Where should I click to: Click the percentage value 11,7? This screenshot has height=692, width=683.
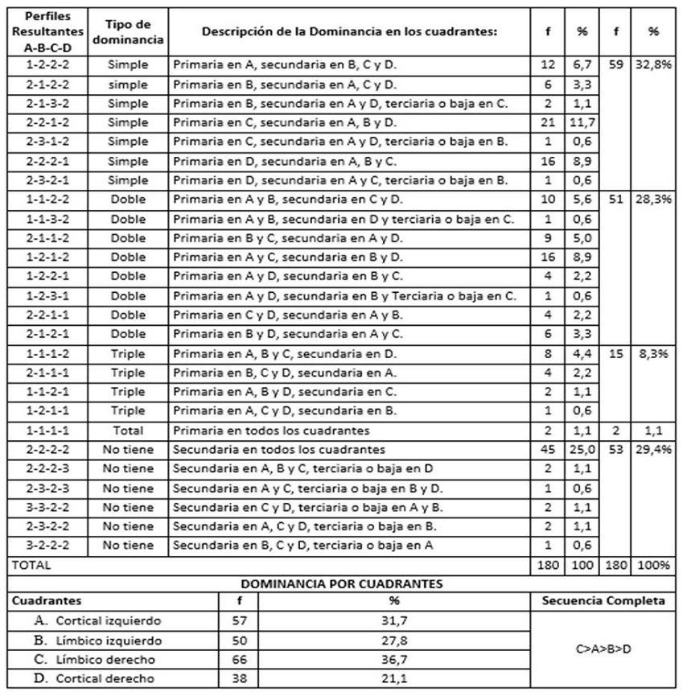[582, 122]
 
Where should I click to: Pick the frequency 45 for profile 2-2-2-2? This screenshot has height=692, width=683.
[547, 449]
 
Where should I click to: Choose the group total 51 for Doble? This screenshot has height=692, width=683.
[615, 199]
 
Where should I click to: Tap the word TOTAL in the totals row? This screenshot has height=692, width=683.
[31, 565]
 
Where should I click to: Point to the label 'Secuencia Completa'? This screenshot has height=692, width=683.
[603, 601]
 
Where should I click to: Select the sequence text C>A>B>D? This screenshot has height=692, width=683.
[603, 649]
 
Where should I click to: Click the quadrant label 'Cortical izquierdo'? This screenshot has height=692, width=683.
[108, 620]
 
